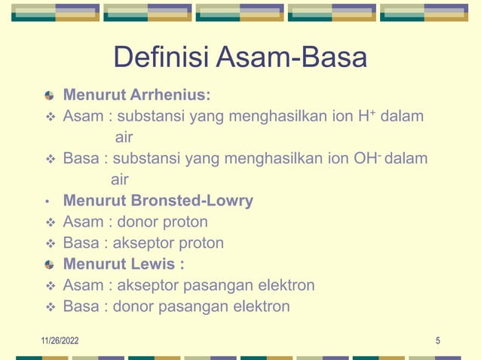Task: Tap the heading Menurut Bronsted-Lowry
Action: [x=158, y=201]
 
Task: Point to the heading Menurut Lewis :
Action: [x=124, y=264]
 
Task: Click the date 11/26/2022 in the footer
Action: [x=60, y=341]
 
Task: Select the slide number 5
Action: [x=438, y=341]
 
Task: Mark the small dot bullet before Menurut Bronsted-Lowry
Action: [x=47, y=202]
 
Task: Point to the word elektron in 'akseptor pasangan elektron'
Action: [x=286, y=285]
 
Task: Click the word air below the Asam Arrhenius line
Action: [x=124, y=138]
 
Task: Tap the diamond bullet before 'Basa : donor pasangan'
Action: [x=50, y=307]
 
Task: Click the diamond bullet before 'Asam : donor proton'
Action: [x=50, y=223]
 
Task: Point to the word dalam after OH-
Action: [x=406, y=159]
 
